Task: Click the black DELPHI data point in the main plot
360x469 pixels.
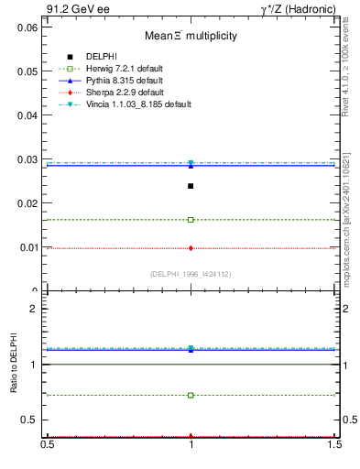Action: tap(191, 186)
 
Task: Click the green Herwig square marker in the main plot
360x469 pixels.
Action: tap(191, 220)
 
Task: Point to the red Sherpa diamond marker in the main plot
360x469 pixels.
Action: tap(191, 247)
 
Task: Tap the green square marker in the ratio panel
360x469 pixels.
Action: tap(191, 396)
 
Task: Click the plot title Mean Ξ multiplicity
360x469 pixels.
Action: tap(190, 36)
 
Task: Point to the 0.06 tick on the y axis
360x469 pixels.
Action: tap(26, 27)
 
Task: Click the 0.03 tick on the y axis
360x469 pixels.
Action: tap(26, 159)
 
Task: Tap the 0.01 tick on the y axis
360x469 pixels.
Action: tap(26, 247)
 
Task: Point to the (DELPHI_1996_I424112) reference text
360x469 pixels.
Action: tap(191, 273)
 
